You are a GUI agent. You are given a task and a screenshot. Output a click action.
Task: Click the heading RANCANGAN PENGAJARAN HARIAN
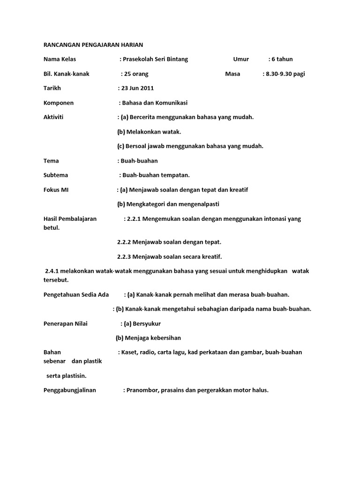93,45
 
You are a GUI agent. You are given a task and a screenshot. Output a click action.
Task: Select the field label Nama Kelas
60,59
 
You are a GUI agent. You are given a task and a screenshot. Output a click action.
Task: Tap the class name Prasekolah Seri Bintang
155,59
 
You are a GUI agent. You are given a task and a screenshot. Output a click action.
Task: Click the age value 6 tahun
282,59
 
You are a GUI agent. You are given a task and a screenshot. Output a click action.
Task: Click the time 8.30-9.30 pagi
285,74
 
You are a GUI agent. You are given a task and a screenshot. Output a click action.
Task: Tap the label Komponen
59,103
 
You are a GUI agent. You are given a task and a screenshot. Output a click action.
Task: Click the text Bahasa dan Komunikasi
155,103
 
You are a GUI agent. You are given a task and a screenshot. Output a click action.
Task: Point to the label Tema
51,161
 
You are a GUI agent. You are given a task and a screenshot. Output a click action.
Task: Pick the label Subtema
56,175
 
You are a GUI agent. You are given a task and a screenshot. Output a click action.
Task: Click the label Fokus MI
56,190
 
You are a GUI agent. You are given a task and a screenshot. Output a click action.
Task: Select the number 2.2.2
124,242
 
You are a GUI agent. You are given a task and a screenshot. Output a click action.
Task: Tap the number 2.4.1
52,271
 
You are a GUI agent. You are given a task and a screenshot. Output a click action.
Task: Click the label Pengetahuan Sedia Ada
76,294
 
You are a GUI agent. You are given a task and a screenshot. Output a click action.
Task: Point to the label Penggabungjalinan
69,390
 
